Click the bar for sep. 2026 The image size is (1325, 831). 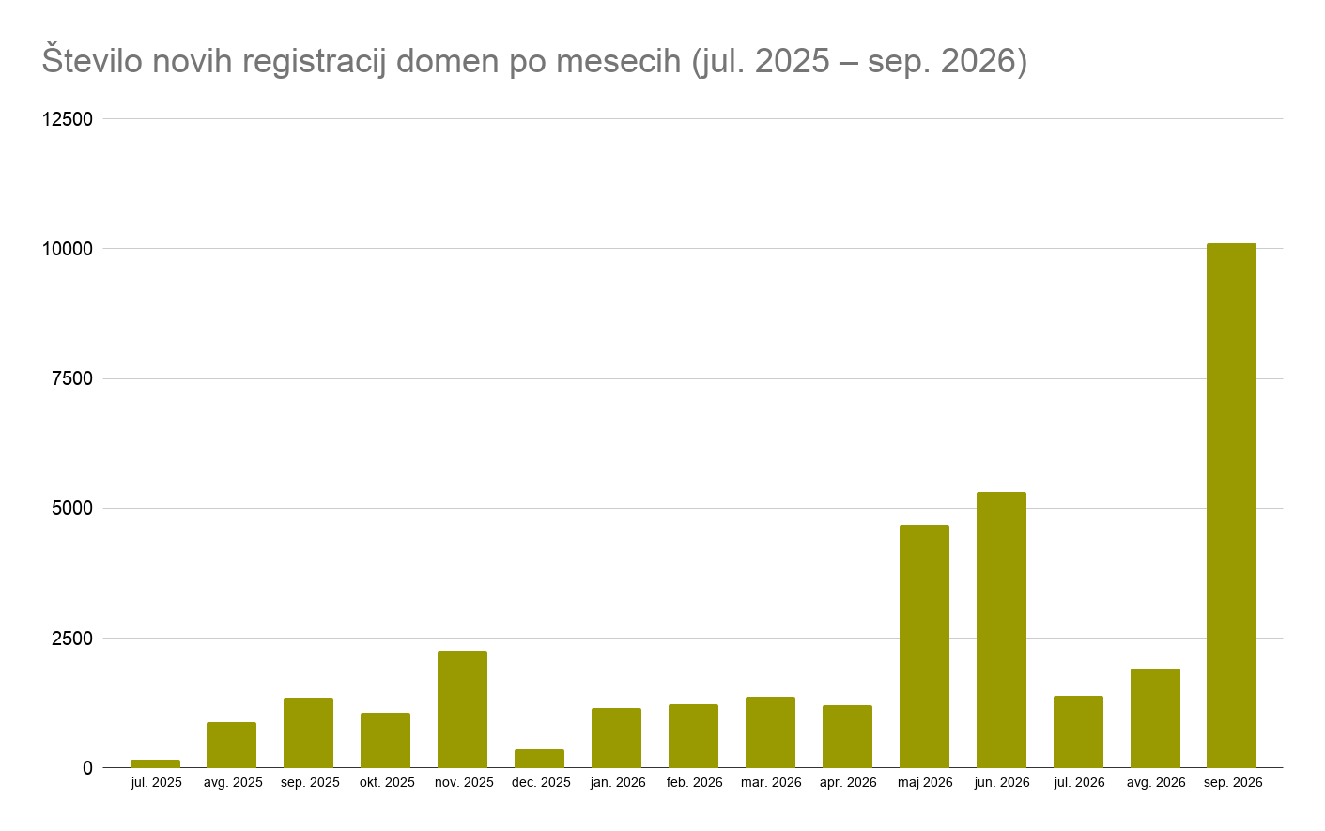(x=1231, y=506)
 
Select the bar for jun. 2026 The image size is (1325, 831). (x=1001, y=630)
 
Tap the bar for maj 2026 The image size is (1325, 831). (x=924, y=646)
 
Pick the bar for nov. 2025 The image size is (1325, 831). (x=463, y=709)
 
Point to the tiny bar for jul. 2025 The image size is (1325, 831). (x=155, y=763)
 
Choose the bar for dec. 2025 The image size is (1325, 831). (x=539, y=759)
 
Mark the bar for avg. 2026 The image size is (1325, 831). (x=1155, y=718)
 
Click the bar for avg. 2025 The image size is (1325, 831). (x=231, y=746)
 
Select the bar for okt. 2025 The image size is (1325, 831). (x=385, y=741)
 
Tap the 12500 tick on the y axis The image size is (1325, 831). (x=68, y=119)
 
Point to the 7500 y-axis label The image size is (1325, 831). (x=72, y=378)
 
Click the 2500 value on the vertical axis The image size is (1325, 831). (x=72, y=639)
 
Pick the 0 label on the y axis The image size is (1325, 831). (x=87, y=768)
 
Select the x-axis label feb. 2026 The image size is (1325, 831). (x=695, y=782)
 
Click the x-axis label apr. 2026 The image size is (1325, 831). (x=848, y=783)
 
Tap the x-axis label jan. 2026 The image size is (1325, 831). (x=618, y=783)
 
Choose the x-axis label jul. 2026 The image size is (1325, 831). (x=1079, y=783)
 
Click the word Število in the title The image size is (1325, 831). (x=92, y=60)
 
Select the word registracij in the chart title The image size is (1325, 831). (x=314, y=63)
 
